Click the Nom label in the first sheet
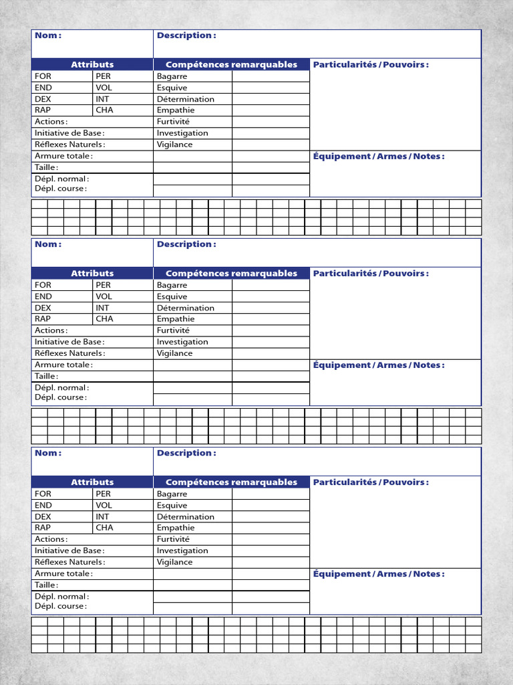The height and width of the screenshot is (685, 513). click(47, 35)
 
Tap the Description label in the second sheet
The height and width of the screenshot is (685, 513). click(186, 244)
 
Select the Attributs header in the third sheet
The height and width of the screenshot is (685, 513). click(92, 482)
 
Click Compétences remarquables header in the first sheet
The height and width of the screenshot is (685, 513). click(231, 64)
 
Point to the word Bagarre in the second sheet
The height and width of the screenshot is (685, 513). click(172, 285)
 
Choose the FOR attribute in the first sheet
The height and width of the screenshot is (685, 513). click(43, 76)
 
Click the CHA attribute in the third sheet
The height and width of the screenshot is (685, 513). click(104, 528)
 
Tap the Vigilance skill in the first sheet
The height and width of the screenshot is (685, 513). click(174, 144)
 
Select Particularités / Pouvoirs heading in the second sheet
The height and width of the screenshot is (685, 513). click(371, 273)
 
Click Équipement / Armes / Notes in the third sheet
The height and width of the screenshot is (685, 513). click(379, 574)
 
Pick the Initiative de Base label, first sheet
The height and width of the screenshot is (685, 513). click(69, 133)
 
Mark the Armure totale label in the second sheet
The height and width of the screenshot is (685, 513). click(63, 365)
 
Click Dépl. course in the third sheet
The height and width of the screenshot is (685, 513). click(60, 606)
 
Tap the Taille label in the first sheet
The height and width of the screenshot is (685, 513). click(45, 167)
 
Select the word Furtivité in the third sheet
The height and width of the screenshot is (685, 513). click(173, 539)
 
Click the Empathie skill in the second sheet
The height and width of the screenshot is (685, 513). click(176, 319)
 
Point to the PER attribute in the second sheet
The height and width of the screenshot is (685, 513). click(103, 285)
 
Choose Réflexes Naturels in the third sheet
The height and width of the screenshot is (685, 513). click(69, 562)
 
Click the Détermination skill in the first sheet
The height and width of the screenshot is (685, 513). click(185, 99)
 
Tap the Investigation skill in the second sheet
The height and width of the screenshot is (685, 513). click(182, 342)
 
